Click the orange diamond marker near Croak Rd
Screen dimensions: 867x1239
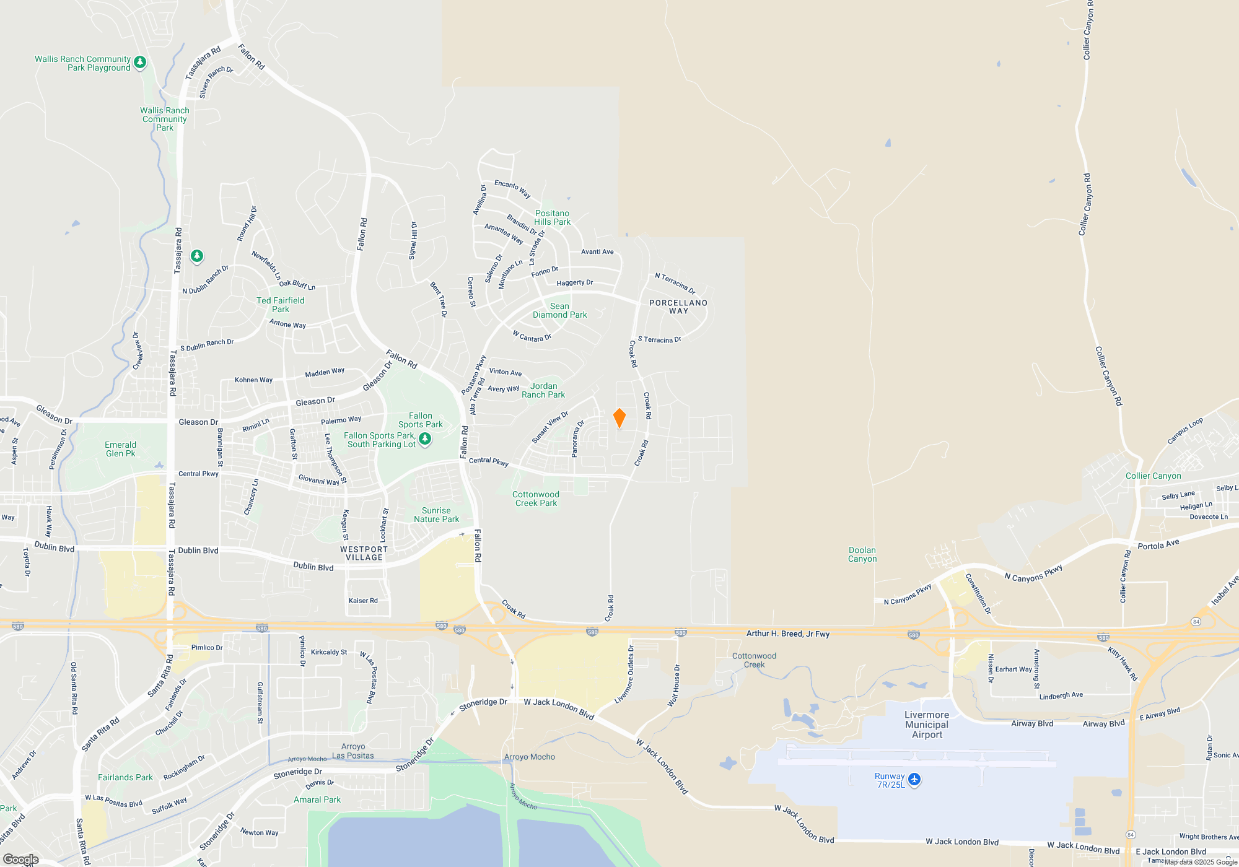pos(619,418)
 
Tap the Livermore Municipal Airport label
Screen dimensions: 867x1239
pos(927,725)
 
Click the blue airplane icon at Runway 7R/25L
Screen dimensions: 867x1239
pos(914,779)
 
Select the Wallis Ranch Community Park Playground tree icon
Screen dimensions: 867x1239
pos(140,62)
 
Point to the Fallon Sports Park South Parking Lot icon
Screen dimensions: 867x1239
pos(425,439)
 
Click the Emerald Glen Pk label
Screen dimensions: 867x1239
pos(120,449)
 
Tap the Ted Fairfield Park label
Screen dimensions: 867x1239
pos(281,305)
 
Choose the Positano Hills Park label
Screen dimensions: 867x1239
pos(552,217)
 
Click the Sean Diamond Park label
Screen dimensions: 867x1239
pos(559,310)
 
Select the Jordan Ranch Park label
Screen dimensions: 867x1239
pos(543,390)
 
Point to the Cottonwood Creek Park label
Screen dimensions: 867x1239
pos(536,499)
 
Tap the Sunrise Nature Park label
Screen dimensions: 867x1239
pos(437,515)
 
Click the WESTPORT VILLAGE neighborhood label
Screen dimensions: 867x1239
pos(364,553)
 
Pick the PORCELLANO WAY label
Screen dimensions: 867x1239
pos(678,307)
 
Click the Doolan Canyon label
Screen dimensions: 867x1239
pos(862,554)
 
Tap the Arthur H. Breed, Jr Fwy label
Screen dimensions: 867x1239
pos(788,634)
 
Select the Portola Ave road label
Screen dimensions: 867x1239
pos(1158,544)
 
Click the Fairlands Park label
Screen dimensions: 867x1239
pos(125,777)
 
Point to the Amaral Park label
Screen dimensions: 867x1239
pos(317,799)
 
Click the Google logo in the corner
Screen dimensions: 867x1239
pos(21,859)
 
